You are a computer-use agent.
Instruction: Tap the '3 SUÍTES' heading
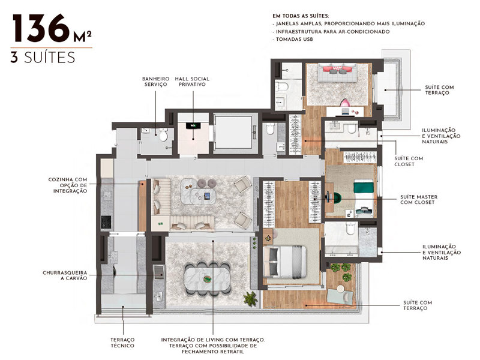(42, 58)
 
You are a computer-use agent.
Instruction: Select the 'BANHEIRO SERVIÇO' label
(155, 82)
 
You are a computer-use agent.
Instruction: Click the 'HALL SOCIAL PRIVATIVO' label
(192, 82)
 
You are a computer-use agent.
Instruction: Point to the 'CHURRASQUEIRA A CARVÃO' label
(67, 275)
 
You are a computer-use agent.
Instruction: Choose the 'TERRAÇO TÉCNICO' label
(122, 343)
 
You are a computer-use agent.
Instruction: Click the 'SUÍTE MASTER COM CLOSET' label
(419, 200)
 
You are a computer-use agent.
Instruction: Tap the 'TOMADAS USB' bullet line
(295, 39)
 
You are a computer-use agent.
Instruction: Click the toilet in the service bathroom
(162, 136)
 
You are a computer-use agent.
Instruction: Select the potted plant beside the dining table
(250, 298)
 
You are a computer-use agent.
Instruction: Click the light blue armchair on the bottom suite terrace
(340, 294)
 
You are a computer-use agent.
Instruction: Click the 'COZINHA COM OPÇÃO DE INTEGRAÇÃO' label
(68, 185)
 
